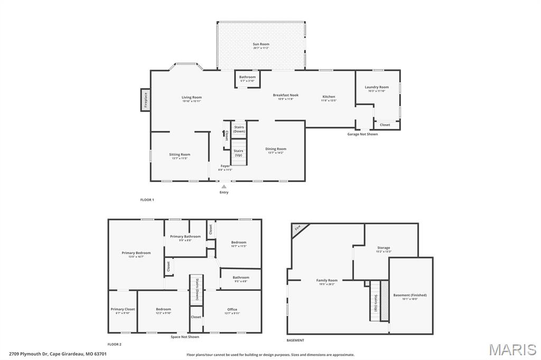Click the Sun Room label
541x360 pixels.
tap(260, 44)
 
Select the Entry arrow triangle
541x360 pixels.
tap(224, 186)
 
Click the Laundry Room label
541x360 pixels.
tap(377, 87)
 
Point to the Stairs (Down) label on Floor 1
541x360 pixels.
tap(239, 129)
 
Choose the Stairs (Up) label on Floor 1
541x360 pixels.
tap(238, 153)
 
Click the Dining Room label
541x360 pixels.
tap(276, 149)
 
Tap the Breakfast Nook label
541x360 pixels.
tap(285, 95)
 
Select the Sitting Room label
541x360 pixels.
tap(180, 155)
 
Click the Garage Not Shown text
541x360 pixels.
tap(362, 134)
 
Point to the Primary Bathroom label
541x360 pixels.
tap(185, 236)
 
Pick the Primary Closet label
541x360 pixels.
tap(123, 309)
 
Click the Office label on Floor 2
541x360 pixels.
tap(232, 309)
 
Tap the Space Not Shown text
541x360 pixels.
tap(185, 337)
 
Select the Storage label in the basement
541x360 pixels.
tap(384, 248)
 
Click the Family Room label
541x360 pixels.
tap(327, 280)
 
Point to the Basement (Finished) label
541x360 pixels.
tap(410, 295)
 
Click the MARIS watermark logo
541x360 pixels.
tap(512, 349)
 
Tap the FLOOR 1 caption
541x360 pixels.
tap(147, 200)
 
